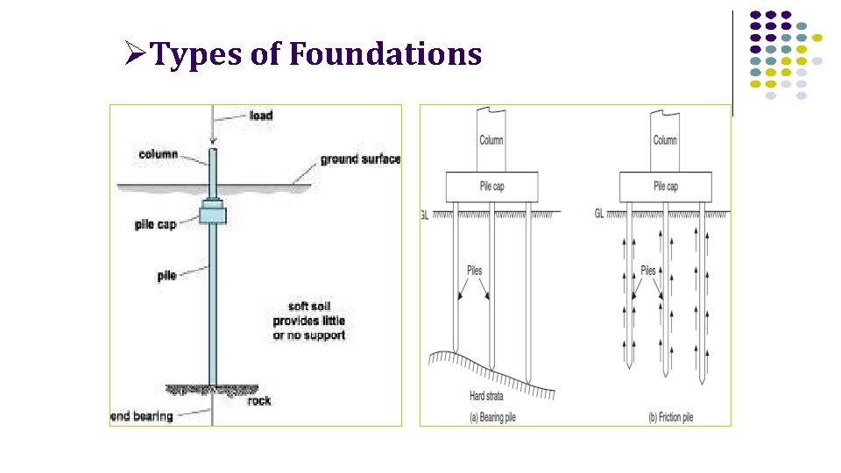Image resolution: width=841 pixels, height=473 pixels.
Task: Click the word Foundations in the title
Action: click(x=385, y=54)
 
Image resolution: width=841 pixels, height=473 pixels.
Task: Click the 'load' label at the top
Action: click(x=261, y=116)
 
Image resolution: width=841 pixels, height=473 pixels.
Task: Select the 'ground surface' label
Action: click(x=360, y=159)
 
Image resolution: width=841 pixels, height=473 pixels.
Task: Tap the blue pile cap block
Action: click(x=213, y=212)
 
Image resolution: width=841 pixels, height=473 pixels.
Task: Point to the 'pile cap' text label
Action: click(x=155, y=224)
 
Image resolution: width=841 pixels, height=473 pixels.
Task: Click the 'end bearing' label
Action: click(x=142, y=416)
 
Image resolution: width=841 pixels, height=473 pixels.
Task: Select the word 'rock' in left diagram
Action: click(x=259, y=400)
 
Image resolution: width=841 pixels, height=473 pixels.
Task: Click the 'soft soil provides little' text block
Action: click(x=308, y=321)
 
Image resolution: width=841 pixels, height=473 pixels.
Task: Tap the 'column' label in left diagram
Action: click(x=158, y=154)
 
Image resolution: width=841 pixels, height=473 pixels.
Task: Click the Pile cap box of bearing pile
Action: click(x=491, y=187)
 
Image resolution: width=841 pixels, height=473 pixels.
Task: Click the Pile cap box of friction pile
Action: click(x=666, y=187)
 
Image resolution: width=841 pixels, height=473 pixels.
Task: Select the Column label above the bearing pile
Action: click(x=491, y=140)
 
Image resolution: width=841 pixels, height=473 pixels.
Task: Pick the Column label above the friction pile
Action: click(x=666, y=140)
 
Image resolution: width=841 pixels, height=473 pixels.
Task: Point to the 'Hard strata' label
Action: click(x=487, y=397)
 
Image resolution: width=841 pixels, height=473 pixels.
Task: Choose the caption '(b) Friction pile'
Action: click(x=670, y=418)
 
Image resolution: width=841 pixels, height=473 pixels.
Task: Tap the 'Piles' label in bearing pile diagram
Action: click(x=474, y=271)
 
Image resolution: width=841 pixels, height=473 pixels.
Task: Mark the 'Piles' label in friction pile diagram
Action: click(x=648, y=271)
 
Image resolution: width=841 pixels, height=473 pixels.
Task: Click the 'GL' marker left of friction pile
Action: click(x=599, y=213)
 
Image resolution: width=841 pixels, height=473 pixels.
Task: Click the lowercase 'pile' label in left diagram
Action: click(x=166, y=276)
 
